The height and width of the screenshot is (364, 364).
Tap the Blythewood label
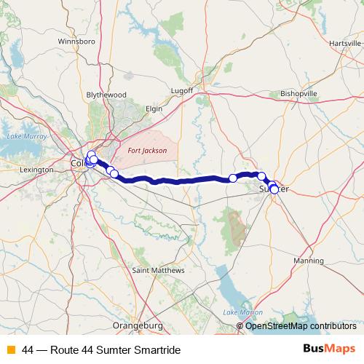(x=106, y=95)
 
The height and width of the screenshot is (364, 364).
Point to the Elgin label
(x=153, y=108)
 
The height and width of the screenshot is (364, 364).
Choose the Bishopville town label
(x=299, y=94)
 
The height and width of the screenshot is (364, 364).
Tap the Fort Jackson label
(x=147, y=151)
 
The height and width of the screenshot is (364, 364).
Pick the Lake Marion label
(x=242, y=312)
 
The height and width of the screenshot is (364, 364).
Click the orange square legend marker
(x=10, y=350)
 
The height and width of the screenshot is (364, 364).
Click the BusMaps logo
(x=329, y=349)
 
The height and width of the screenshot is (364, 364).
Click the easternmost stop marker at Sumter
(x=274, y=190)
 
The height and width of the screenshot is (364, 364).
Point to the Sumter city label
(x=274, y=189)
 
